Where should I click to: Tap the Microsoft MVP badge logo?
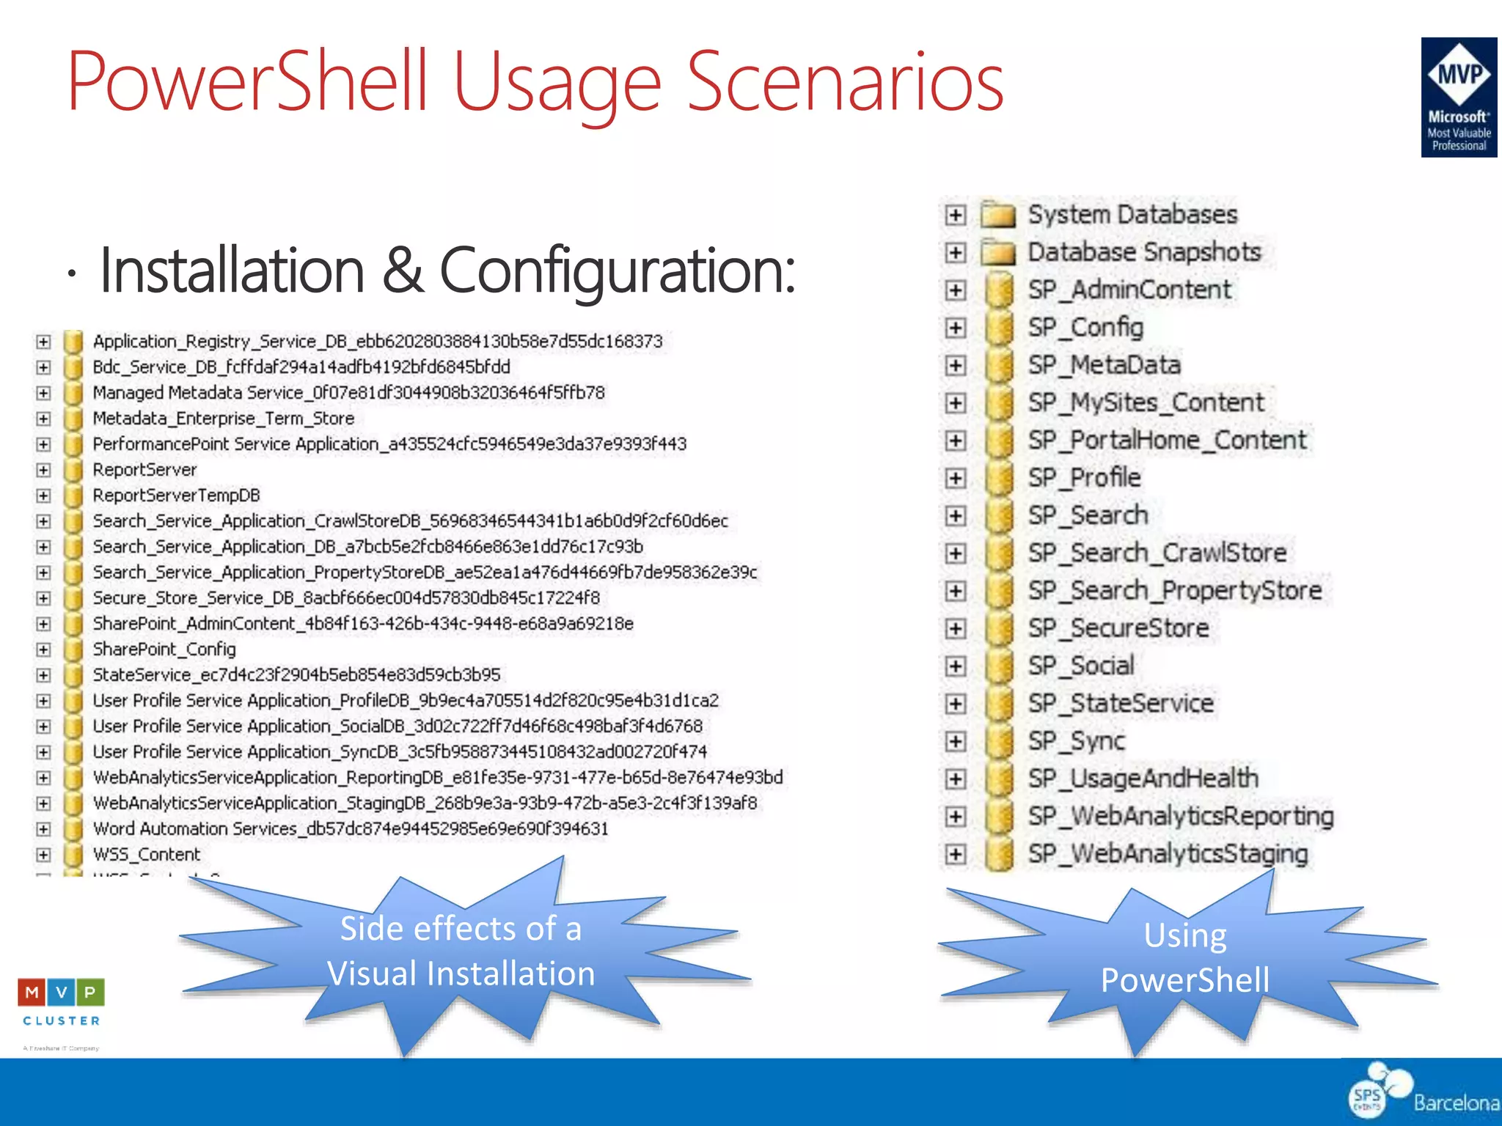click(1458, 97)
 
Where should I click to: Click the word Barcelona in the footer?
click(1456, 1102)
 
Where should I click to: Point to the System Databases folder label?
click(1132, 215)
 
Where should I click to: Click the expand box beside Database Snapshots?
click(955, 253)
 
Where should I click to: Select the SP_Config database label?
click(1085, 328)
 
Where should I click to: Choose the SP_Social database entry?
click(1080, 666)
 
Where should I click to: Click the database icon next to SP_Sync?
click(999, 742)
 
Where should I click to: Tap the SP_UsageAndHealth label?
click(1143, 779)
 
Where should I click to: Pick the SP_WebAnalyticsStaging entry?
click(1168, 854)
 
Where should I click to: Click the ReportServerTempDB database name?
click(176, 496)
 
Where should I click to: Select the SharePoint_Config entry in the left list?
click(164, 650)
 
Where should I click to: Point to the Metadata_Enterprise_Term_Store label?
click(223, 419)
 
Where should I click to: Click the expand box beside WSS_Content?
click(44, 855)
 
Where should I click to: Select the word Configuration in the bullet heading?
click(616, 270)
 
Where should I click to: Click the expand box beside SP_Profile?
click(955, 479)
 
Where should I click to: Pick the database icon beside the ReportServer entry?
click(73, 470)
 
